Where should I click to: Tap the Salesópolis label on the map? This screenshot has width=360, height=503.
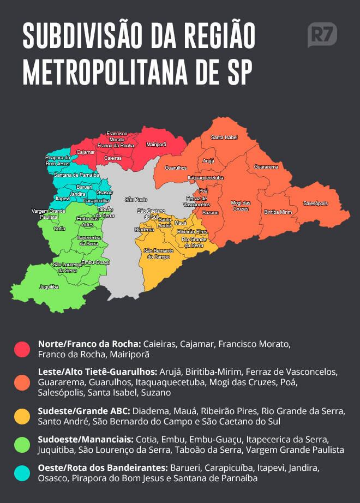(315, 203)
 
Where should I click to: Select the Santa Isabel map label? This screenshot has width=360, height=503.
(224, 137)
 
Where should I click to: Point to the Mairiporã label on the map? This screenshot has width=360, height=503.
(156, 145)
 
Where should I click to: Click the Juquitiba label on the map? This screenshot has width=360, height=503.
(49, 286)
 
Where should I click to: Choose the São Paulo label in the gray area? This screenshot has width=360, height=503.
(136, 199)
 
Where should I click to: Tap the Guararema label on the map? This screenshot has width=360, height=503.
(266, 166)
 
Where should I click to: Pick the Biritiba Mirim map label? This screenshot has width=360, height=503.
(278, 212)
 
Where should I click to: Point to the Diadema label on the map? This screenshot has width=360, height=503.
(144, 230)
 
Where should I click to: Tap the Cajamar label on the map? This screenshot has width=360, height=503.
(86, 152)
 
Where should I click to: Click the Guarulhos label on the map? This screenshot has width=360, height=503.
(176, 167)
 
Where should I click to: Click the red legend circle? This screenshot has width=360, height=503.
(22, 349)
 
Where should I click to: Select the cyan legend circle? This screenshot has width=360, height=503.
(22, 473)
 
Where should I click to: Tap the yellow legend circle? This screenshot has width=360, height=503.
(22, 416)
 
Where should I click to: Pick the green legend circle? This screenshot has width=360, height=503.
(22, 445)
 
